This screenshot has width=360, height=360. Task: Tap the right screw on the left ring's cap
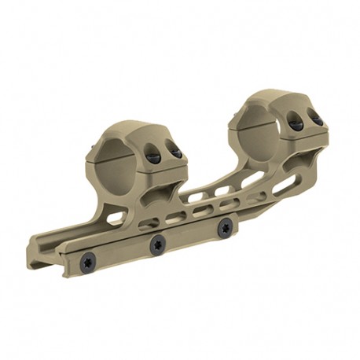[177, 152]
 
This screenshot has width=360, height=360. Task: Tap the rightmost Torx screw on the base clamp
[226, 227]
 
